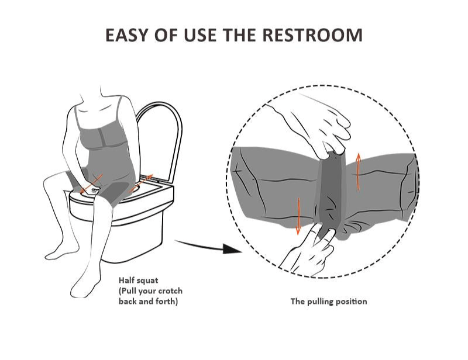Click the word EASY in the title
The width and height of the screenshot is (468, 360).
[x=126, y=35]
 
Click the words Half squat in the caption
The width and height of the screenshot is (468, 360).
[x=138, y=281]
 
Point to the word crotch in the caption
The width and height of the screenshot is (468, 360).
[x=170, y=291]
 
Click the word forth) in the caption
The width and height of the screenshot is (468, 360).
[x=167, y=301]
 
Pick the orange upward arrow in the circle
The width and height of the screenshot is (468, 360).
[x=359, y=171]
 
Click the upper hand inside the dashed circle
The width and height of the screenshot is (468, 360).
[x=314, y=125]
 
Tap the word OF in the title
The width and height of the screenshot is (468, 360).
[x=165, y=35]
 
